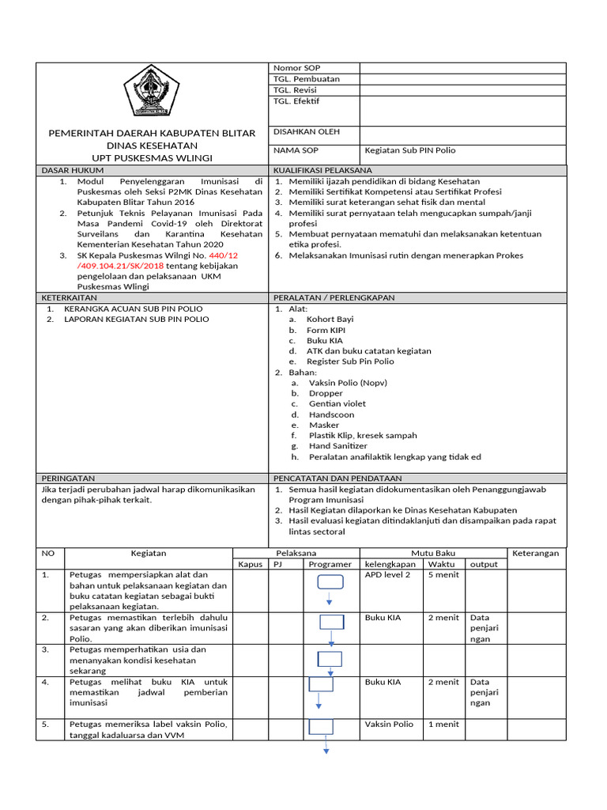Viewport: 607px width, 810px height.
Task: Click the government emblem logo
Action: [150, 92]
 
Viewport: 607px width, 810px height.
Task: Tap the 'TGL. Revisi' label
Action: [294, 90]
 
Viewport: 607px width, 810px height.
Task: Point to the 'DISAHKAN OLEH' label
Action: [307, 131]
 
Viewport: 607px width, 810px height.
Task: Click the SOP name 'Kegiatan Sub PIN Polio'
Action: [409, 150]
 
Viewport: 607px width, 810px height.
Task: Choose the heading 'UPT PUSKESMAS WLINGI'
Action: [153, 158]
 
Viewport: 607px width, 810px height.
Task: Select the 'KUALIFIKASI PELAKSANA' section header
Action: [322, 170]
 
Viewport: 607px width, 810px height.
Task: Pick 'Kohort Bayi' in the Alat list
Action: [330, 319]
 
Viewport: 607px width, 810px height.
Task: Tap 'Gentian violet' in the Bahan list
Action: [337, 403]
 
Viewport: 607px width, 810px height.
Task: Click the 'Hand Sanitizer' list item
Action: [337, 446]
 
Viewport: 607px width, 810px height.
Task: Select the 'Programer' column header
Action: [330, 564]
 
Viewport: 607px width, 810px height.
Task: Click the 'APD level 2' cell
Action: [387, 575]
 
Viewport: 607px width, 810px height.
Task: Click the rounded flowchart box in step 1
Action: [330, 583]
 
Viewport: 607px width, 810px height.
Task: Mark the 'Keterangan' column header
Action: [535, 553]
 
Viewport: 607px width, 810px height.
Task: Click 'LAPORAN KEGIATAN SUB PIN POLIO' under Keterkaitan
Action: [137, 319]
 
